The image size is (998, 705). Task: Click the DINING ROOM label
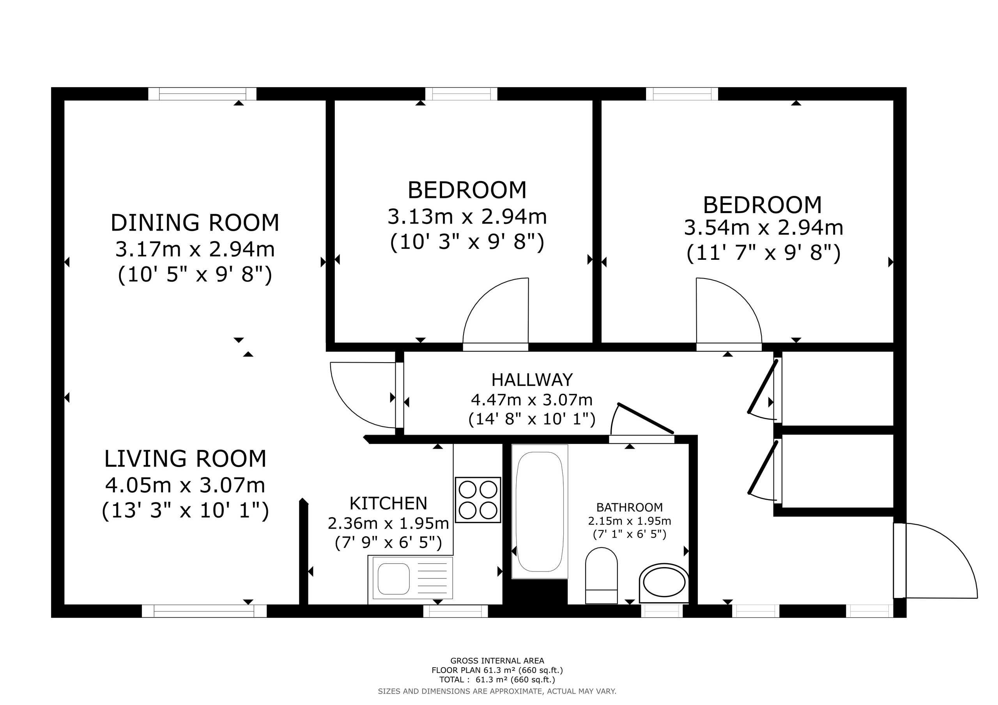(195, 223)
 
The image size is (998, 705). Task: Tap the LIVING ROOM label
(185, 459)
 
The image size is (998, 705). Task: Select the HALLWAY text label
(532, 380)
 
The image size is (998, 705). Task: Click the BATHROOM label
(629, 508)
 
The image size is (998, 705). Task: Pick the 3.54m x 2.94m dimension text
(764, 228)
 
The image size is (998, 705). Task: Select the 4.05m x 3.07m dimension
(185, 485)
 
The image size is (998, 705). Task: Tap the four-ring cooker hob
(478, 500)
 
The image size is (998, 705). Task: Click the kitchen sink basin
(394, 578)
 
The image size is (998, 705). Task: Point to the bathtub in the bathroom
(540, 511)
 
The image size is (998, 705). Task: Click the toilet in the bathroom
(602, 576)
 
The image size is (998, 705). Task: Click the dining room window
(203, 94)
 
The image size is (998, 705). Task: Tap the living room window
(204, 611)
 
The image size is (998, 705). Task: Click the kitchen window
(456, 611)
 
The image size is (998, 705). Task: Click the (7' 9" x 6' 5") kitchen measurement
(388, 543)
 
